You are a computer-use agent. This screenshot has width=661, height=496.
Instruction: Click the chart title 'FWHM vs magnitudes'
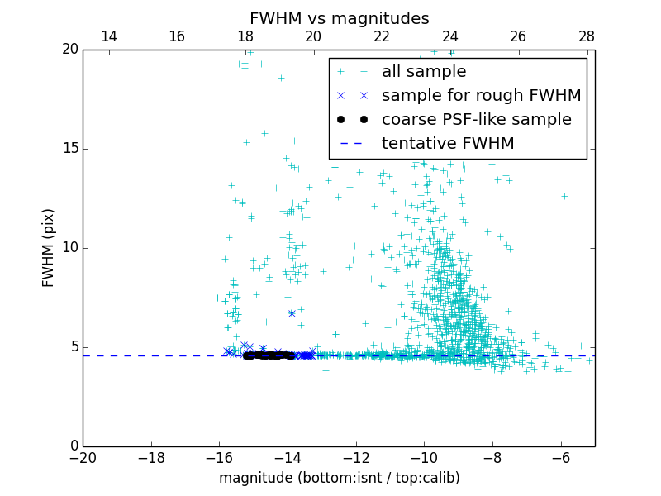click(x=339, y=18)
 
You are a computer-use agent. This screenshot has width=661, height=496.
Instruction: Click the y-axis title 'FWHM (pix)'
click(x=49, y=247)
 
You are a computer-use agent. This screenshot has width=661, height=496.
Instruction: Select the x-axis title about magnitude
click(x=339, y=478)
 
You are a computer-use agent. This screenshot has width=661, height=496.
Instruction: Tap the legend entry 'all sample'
click(x=423, y=72)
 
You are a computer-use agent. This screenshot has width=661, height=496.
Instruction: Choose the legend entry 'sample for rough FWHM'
click(x=481, y=96)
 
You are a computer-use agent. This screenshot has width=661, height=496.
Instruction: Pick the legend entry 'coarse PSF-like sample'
click(x=476, y=120)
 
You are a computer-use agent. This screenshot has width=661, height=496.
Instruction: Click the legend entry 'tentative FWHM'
click(x=447, y=144)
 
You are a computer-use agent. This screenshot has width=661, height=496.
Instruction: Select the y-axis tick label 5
click(x=72, y=347)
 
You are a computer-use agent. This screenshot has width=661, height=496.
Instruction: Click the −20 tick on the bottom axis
click(x=83, y=458)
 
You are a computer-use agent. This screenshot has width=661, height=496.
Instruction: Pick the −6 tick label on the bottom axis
click(x=560, y=458)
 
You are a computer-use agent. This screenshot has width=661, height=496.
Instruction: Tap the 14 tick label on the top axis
click(x=108, y=36)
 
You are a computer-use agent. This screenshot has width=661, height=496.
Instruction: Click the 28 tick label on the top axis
click(x=587, y=36)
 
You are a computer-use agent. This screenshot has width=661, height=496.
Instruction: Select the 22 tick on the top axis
click(x=382, y=36)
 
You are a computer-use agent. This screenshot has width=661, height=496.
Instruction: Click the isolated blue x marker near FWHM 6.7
click(x=292, y=313)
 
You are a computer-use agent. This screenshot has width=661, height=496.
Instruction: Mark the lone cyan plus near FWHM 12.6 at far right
click(x=564, y=196)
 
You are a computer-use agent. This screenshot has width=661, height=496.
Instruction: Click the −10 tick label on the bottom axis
click(x=424, y=458)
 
